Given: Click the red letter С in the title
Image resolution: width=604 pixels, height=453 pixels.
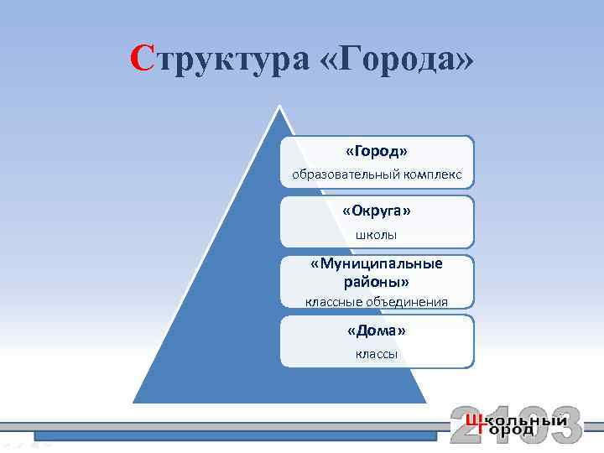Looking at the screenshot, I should [142, 58].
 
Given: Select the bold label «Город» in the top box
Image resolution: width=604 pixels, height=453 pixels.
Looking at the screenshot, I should [377, 152].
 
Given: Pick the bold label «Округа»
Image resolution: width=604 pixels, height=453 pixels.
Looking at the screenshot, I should [377, 210].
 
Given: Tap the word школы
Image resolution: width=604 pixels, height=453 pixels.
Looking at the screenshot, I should [377, 234].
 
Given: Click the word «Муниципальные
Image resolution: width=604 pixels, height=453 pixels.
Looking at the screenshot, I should [377, 263].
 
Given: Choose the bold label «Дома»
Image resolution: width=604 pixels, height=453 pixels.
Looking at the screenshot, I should [377, 331].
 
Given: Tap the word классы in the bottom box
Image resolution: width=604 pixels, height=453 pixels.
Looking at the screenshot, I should [377, 354].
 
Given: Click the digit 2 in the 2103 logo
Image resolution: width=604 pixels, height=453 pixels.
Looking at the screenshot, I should [466, 424].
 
